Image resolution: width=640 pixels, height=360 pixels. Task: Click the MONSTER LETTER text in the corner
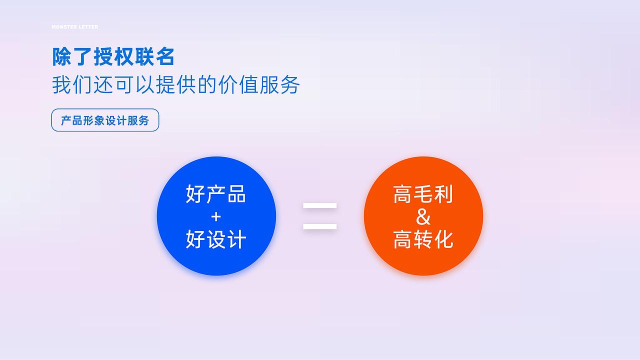tap(75, 27)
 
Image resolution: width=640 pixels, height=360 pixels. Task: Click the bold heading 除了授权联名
tap(113, 57)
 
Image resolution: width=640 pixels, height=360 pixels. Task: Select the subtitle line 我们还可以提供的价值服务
tap(176, 85)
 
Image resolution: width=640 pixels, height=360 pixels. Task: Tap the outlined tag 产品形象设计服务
tap(105, 120)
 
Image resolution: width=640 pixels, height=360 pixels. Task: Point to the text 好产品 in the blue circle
tap(216, 194)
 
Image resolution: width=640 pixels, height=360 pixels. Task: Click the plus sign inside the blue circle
tap(216, 217)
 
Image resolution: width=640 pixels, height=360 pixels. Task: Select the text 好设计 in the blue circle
tap(216, 239)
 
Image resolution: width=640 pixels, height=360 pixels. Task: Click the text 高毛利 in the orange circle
tap(423, 194)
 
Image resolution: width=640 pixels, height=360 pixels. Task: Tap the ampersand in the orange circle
tap(423, 217)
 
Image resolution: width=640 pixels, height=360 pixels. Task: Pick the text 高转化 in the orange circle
tap(423, 239)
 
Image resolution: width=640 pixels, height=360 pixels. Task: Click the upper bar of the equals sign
tap(320, 205)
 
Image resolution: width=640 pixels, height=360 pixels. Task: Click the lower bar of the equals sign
tap(320, 227)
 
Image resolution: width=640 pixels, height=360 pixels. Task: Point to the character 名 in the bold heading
tap(165, 57)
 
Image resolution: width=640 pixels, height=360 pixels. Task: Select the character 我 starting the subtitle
tap(62, 85)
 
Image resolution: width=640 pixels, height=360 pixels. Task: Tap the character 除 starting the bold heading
tap(62, 57)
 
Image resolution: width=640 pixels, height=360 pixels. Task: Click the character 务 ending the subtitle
tap(290, 85)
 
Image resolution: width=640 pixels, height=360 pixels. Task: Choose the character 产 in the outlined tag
tap(65, 120)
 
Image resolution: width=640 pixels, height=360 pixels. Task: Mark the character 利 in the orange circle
tap(443, 194)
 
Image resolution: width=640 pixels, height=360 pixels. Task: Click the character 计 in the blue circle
tap(236, 239)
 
